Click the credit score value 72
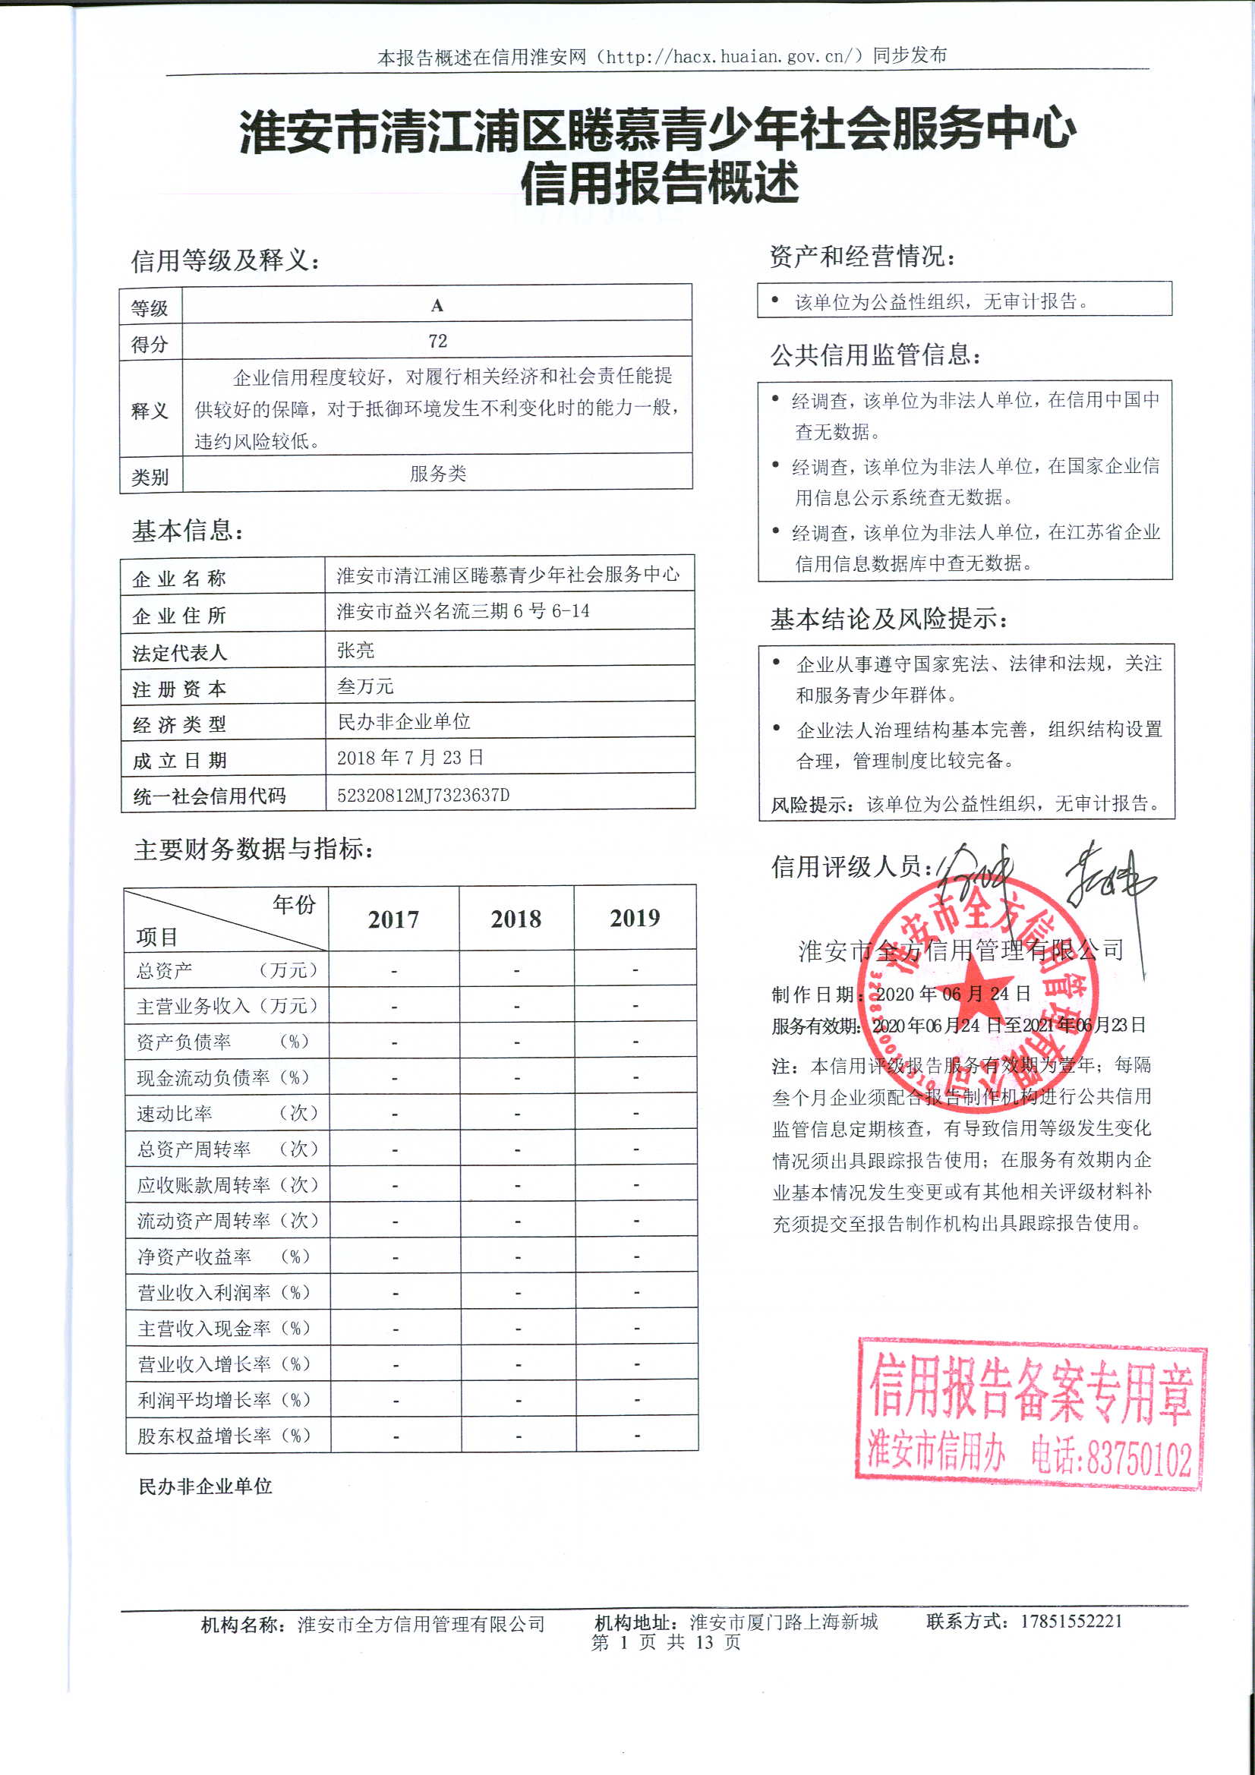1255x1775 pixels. pos(437,341)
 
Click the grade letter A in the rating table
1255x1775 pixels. pos(437,305)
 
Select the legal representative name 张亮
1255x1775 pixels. pos(356,650)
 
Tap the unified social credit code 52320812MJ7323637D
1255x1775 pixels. pos(423,795)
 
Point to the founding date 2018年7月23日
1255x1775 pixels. pos(410,758)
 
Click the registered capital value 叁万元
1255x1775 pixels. pos(365,686)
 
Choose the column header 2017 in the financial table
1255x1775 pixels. pos(393,919)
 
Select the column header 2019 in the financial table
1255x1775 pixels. pos(635,918)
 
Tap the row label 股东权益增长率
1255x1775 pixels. pos(204,1436)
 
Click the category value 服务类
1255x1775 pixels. pos(437,473)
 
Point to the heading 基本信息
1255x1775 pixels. pos(188,531)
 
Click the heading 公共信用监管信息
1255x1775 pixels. pos(875,355)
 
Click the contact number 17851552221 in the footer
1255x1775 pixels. pos(1071,1621)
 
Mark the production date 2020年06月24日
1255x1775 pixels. pos(953,995)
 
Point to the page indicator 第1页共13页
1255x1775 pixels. pos(666,1642)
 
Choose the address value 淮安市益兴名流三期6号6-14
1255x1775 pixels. pos(462,611)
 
